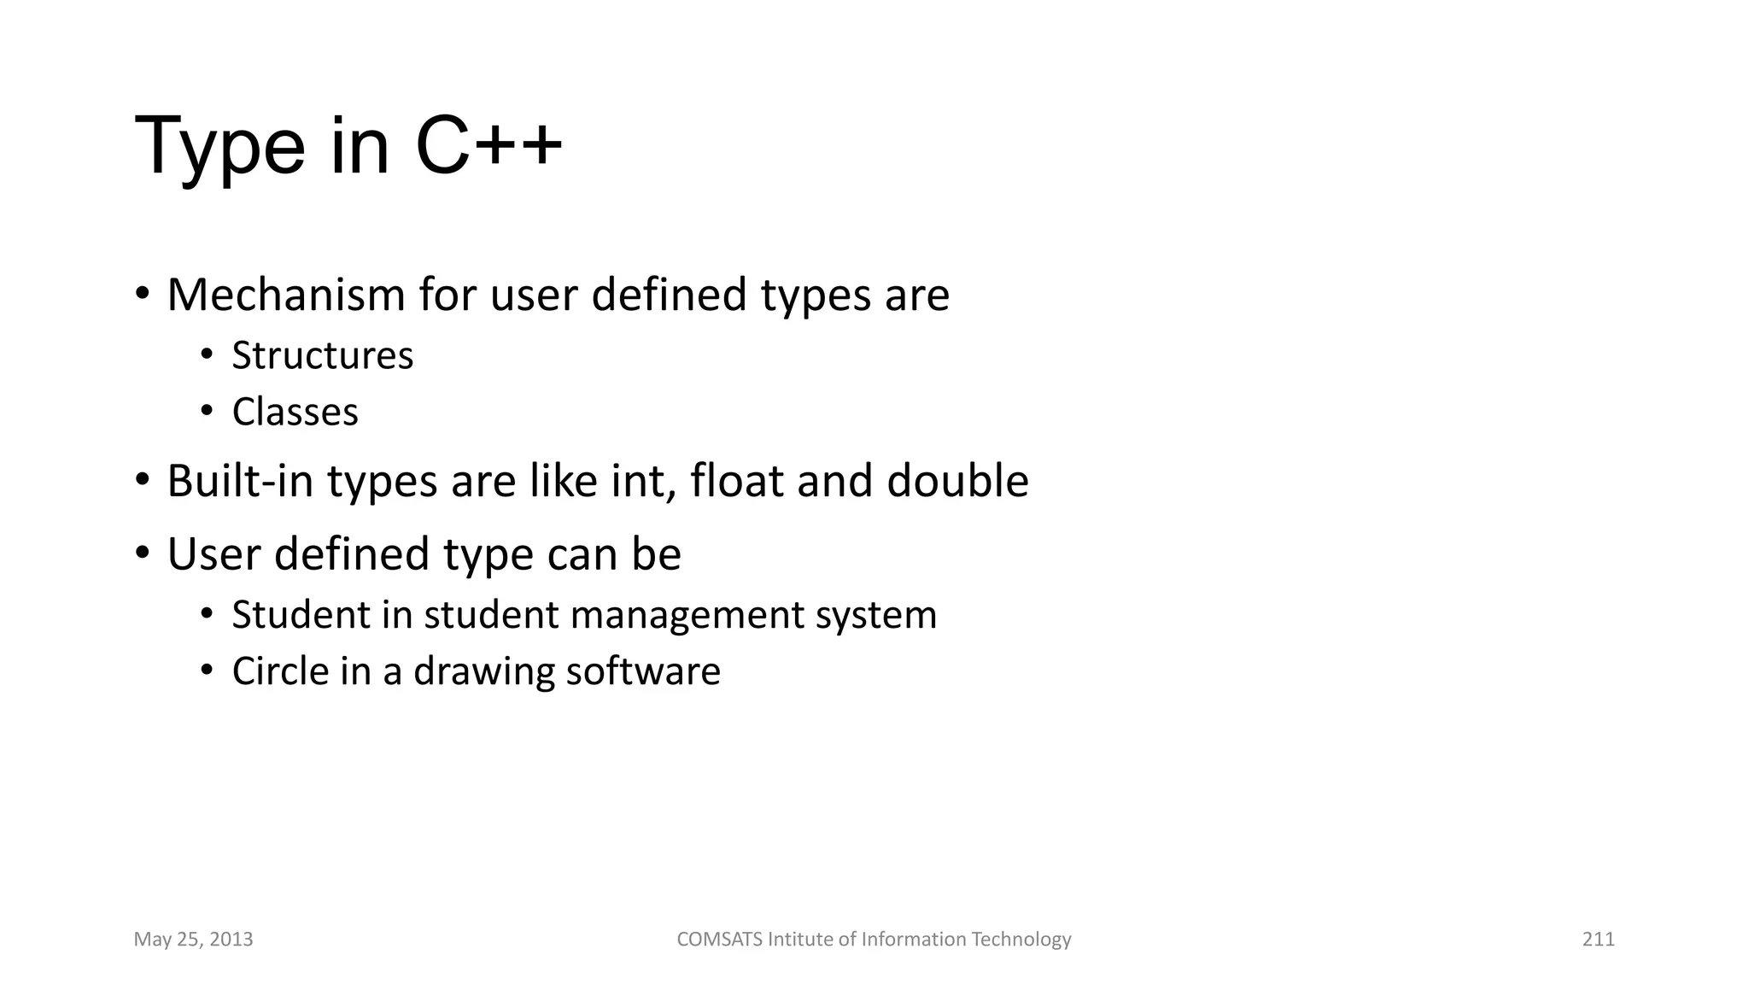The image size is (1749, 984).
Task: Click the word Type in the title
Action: click(x=219, y=147)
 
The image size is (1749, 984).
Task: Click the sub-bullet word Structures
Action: click(x=322, y=356)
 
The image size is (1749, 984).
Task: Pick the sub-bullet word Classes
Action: click(x=295, y=413)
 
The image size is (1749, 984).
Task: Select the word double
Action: click(x=957, y=481)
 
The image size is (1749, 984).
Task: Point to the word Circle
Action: click(x=280, y=671)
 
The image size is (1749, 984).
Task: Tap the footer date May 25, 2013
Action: click(x=194, y=940)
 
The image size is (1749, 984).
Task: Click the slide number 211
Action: click(x=1598, y=940)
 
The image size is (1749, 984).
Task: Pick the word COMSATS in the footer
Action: click(x=720, y=940)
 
